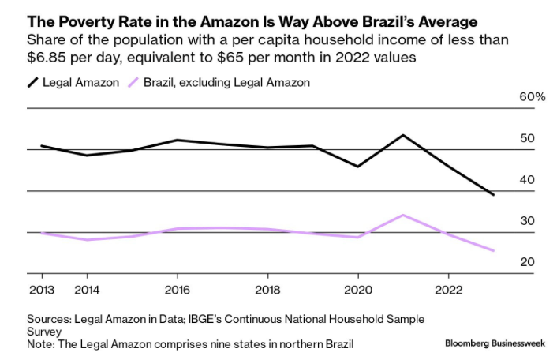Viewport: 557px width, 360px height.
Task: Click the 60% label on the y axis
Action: tap(533, 97)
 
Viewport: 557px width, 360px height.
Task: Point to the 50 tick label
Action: tap(527, 139)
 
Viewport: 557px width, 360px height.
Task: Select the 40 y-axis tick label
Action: tap(527, 180)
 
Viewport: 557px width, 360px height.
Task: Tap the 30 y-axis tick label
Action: tap(527, 222)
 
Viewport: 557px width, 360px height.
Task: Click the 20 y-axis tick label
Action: tap(527, 263)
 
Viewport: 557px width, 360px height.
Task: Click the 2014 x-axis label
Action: tap(87, 289)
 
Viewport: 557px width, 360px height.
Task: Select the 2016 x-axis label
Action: tap(177, 289)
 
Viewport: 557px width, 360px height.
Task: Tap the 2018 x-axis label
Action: tap(267, 289)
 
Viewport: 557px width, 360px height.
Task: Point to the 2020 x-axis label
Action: tap(358, 289)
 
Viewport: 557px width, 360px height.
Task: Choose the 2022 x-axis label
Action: tap(448, 289)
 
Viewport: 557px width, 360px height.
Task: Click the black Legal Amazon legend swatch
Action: tap(34, 82)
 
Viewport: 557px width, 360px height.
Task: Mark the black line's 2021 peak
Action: tap(404, 135)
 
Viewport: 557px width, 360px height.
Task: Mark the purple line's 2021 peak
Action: tap(404, 215)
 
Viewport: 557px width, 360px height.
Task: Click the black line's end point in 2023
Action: tap(494, 194)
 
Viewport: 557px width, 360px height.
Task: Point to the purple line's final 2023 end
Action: tap(494, 251)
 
